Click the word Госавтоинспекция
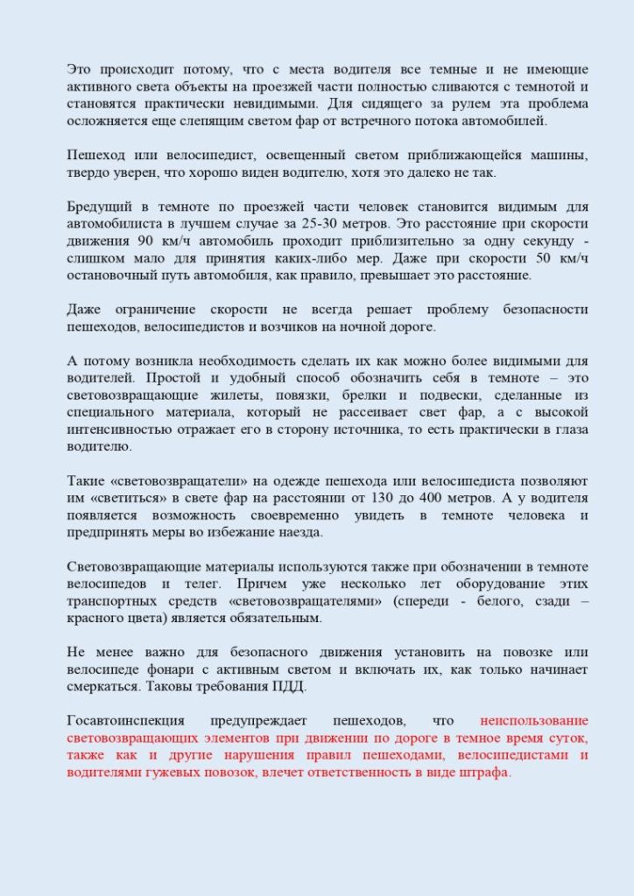126,721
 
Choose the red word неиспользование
534,721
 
